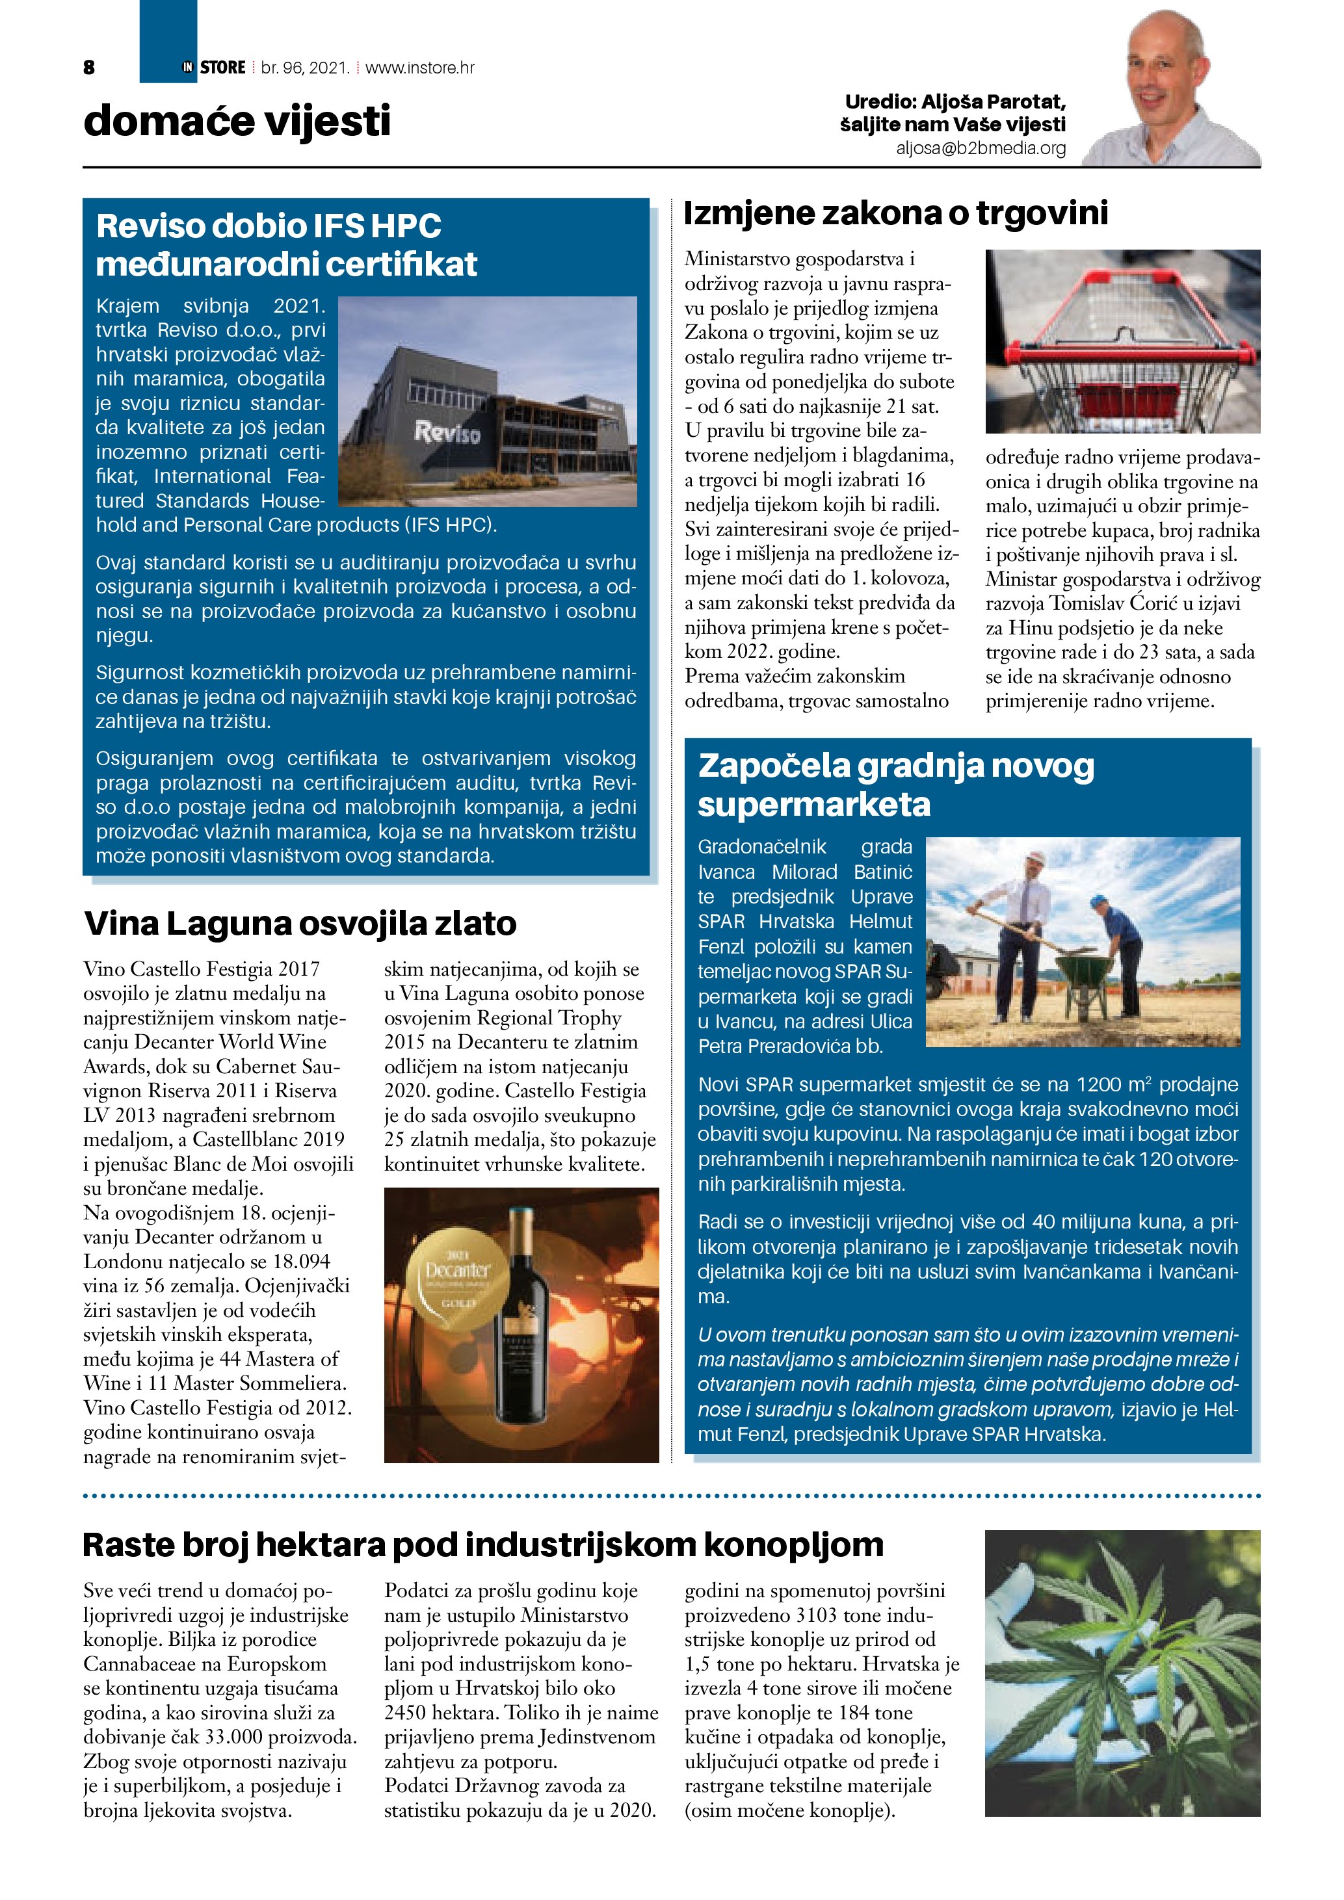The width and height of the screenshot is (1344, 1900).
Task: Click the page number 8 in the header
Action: click(89, 68)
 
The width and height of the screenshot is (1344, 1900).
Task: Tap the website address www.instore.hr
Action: click(419, 68)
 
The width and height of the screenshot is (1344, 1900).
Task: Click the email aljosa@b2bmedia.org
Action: click(981, 148)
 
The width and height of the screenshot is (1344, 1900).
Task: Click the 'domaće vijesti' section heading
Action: click(237, 121)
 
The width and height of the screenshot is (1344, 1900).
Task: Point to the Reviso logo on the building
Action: click(447, 432)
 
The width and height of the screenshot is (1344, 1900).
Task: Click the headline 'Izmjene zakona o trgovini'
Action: click(895, 213)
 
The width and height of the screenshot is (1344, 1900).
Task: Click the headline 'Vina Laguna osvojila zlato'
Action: click(300, 924)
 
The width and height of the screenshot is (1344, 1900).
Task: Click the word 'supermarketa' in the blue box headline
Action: click(814, 804)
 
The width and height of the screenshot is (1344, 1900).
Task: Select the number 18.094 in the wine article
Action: click(301, 1262)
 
